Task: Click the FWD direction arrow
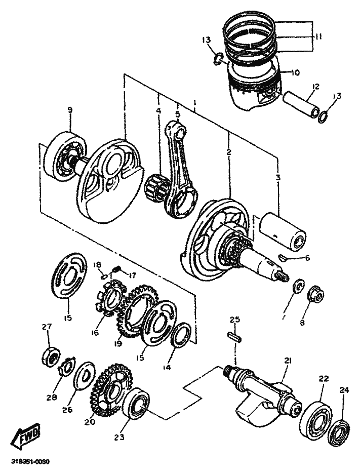[x=25, y=436]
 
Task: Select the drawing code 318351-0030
[x=30, y=462]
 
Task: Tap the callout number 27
[x=47, y=327]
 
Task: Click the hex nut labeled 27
[x=51, y=357]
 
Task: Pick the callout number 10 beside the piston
[x=295, y=73]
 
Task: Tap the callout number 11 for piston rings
[x=318, y=36]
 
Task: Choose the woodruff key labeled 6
[x=282, y=257]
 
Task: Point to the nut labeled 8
[x=316, y=295]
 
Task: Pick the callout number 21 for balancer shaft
[x=288, y=361]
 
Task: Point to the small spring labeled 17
[x=116, y=269]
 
